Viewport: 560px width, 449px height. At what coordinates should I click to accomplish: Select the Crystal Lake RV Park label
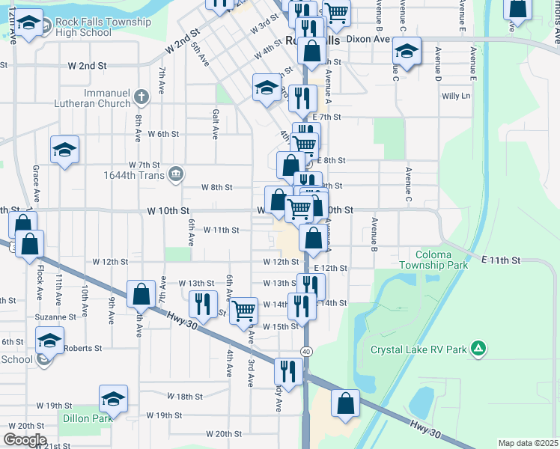coord(419,349)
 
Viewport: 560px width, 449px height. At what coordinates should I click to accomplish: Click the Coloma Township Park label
coord(433,260)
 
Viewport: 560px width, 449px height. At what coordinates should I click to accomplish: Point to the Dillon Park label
coord(88,418)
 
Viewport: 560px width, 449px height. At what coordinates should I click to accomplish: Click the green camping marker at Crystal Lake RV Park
coord(478,348)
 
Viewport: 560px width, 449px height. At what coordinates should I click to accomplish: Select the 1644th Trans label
coord(132,176)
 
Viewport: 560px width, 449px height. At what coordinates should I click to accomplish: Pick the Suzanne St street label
coord(55,317)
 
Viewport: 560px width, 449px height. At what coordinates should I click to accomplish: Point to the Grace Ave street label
coord(35,180)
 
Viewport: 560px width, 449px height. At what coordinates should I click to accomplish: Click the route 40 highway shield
coord(306,351)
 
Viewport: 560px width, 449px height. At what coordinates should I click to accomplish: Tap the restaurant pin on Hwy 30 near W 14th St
coord(203,302)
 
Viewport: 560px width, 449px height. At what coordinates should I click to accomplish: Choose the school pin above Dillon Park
coord(114,398)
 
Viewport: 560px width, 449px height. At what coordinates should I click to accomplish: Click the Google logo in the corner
coord(24,440)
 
